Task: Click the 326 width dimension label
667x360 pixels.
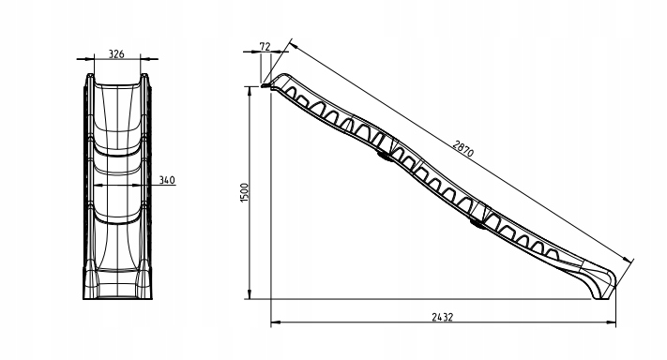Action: coord(116,54)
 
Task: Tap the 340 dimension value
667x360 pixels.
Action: coord(167,180)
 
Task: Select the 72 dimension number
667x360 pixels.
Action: coord(265,46)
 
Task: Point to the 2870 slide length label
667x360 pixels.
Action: coord(462,149)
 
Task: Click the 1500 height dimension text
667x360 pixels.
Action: coord(244,192)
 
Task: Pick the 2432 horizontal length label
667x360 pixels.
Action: coord(443,317)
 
